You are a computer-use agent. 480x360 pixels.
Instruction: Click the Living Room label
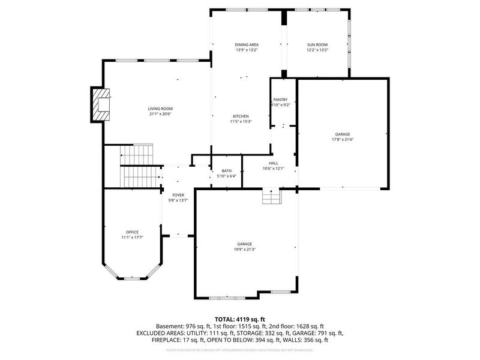point(161,109)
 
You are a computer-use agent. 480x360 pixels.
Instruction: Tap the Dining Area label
point(246,45)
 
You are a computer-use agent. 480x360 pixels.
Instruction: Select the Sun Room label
point(317,45)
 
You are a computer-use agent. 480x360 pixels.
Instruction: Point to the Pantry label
point(280,100)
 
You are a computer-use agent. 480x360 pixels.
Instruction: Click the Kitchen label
point(241,116)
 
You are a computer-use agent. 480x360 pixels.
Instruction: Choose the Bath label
point(226,171)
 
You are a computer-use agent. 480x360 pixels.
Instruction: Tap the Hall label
point(274,163)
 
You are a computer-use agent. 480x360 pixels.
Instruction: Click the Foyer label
point(178,195)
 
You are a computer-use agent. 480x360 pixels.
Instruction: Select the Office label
point(133,232)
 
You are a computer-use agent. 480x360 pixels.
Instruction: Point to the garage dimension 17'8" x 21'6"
point(343,139)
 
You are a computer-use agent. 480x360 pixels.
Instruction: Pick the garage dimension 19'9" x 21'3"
point(244,250)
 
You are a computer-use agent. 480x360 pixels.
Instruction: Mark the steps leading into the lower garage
point(271,196)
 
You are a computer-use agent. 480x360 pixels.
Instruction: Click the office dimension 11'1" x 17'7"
point(133,238)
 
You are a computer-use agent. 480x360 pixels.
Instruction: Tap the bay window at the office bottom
point(131,278)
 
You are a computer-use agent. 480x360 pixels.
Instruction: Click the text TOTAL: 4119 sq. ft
point(240,319)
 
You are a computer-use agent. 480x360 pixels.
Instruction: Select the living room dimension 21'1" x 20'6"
point(161,114)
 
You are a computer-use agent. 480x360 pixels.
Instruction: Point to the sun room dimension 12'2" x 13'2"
point(317,50)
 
